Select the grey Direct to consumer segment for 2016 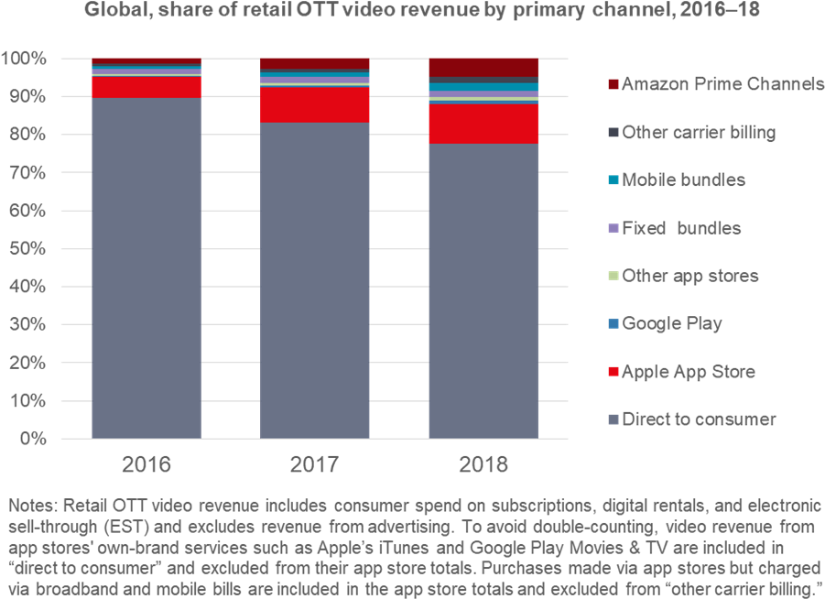click(147, 266)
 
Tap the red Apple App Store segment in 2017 click(314, 104)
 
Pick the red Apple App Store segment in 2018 click(483, 124)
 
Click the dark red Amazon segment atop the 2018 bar click(483, 67)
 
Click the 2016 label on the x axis click(147, 464)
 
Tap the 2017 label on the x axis click(314, 464)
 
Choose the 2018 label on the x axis click(483, 464)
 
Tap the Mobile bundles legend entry click(683, 180)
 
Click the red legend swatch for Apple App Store click(613, 372)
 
